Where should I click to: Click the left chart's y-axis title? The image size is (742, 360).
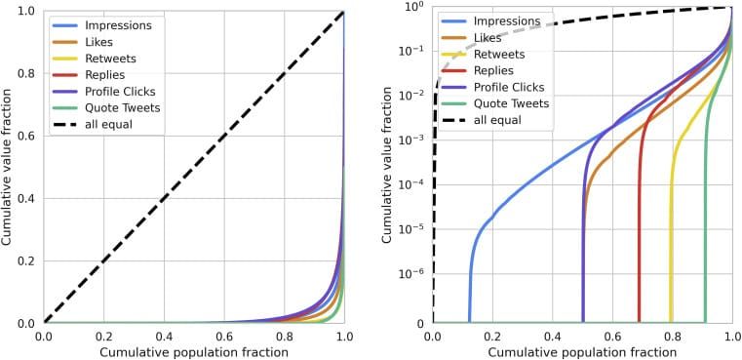[9, 166]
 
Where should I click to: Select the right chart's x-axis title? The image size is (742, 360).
[583, 352]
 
